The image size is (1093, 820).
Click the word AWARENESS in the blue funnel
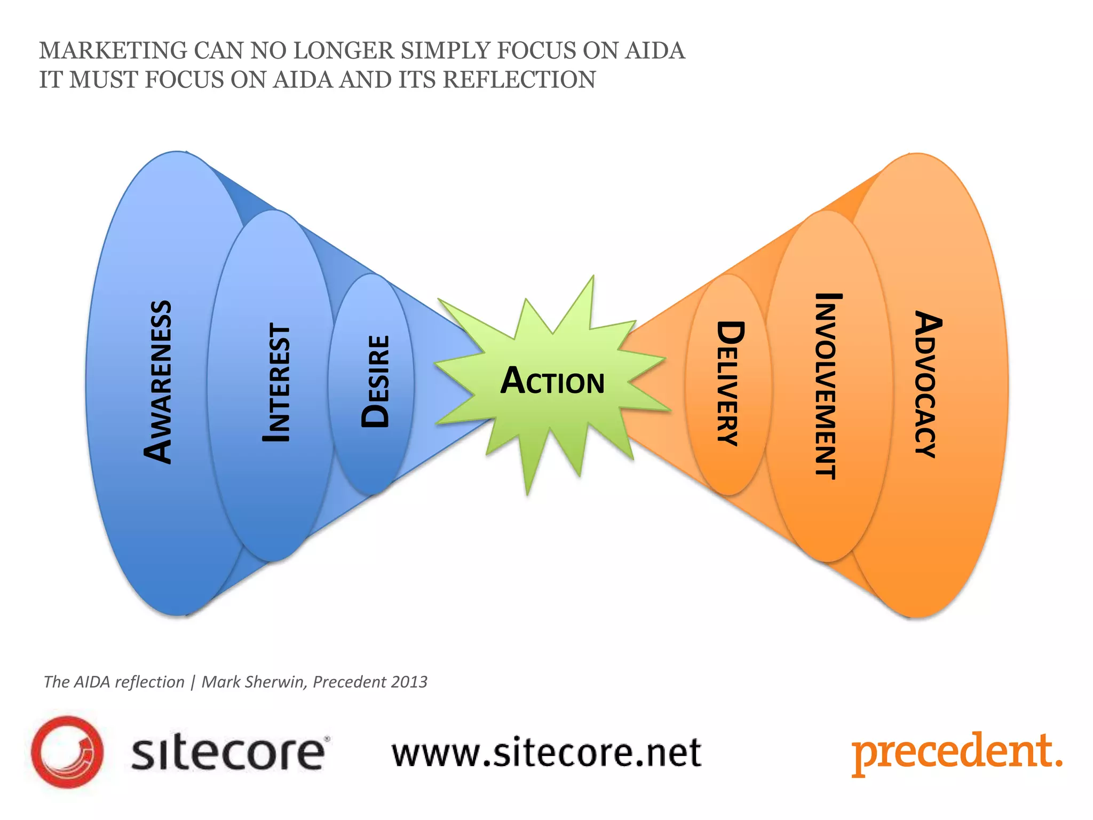point(158,382)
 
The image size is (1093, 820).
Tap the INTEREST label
point(277,383)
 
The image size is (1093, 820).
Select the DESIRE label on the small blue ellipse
point(375,381)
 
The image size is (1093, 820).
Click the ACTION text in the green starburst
point(552,381)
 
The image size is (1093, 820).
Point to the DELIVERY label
point(730,383)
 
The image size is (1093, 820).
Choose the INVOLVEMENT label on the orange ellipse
point(827,386)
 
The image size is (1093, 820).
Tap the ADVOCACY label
point(928,384)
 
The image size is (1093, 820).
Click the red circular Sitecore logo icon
point(67,752)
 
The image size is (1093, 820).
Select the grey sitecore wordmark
point(228,753)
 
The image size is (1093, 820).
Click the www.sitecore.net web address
point(546,753)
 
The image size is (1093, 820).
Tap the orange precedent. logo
point(956,753)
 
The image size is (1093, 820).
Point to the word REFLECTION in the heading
point(519,80)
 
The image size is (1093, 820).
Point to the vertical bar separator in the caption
point(193,682)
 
